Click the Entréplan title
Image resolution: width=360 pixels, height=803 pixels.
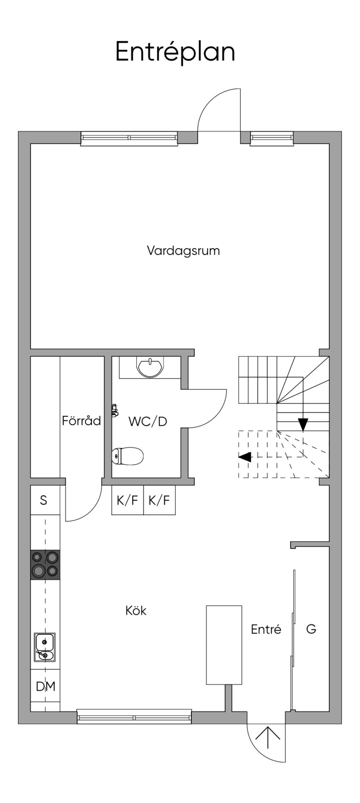(x=175, y=52)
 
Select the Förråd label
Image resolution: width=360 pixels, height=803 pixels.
(x=82, y=420)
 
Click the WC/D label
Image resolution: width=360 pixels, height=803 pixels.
(x=148, y=421)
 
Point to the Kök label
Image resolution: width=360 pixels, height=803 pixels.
(x=136, y=611)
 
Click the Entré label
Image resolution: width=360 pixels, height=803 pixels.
(x=266, y=629)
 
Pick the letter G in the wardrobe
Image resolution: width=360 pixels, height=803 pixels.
(x=311, y=629)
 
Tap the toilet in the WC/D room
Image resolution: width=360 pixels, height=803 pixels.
(x=128, y=456)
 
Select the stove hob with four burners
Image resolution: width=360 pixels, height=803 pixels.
(x=45, y=565)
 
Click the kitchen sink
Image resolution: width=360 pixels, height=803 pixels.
(x=45, y=647)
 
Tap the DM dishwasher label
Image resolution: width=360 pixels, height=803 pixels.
(x=46, y=687)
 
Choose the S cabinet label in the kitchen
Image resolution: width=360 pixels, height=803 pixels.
(x=44, y=500)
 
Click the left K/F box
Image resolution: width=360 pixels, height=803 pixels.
(x=128, y=500)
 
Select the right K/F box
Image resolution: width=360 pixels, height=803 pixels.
(x=160, y=500)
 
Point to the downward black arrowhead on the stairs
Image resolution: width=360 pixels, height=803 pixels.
(x=303, y=425)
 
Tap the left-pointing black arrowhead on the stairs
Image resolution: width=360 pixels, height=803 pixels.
(x=245, y=457)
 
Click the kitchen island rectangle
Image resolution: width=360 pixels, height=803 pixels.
(x=224, y=645)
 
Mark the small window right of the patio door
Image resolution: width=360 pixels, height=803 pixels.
(x=272, y=138)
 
